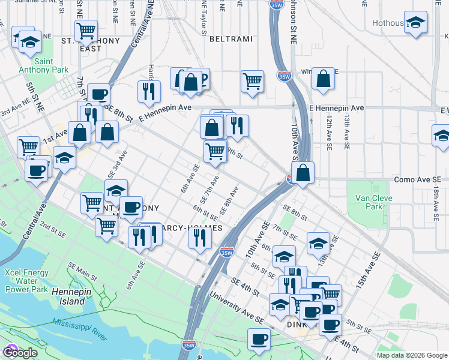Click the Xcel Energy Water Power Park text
point(26,280)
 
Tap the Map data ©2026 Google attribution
point(412,355)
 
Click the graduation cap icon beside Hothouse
point(415,22)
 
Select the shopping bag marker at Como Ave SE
point(304,172)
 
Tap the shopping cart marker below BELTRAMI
point(253,80)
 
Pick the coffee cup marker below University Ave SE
point(259,339)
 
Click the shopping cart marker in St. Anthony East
point(88,29)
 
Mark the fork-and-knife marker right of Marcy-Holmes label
point(200,238)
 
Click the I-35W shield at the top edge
point(277,5)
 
